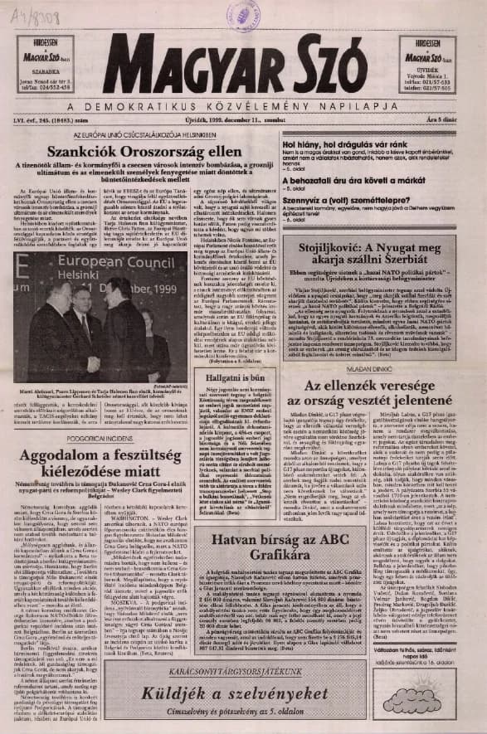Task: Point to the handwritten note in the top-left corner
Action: click(x=26, y=12)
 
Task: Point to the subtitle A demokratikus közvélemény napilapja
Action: click(x=243, y=106)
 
